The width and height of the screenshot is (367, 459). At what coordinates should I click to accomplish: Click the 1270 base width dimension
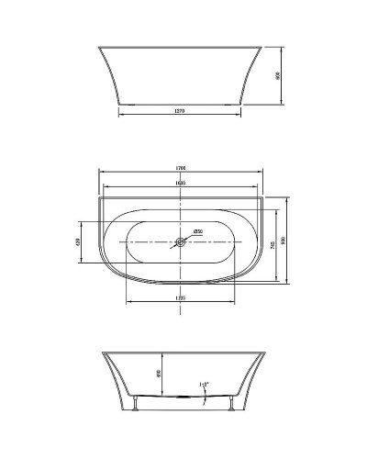coord(181,110)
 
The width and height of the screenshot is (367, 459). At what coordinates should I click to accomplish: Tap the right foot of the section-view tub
coord(226,404)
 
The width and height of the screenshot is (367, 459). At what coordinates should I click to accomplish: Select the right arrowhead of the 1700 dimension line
coord(265,174)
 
